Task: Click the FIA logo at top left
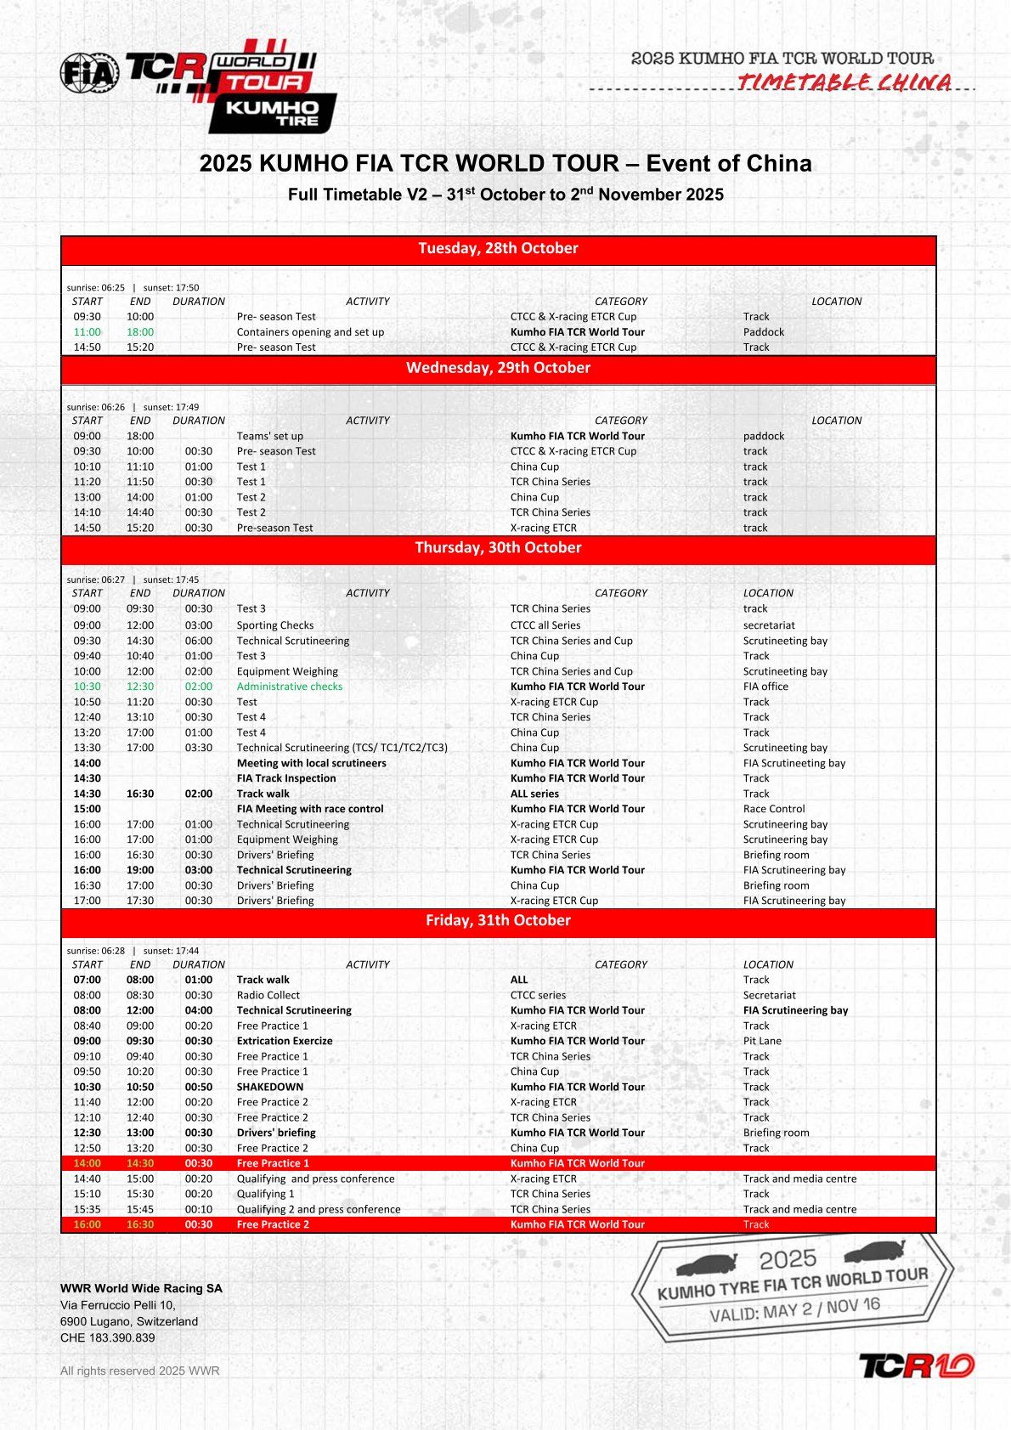click(x=89, y=73)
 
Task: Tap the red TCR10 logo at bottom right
click(x=916, y=1365)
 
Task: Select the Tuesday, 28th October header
click(x=498, y=249)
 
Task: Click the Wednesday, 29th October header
click(x=498, y=368)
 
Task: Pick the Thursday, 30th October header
click(x=498, y=548)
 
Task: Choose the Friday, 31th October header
click(x=498, y=921)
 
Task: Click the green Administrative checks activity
click(x=290, y=687)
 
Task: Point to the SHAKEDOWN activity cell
click(x=269, y=1087)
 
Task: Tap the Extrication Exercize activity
click(x=285, y=1041)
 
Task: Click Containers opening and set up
click(x=310, y=332)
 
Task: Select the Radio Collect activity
click(x=268, y=995)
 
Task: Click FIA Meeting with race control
click(x=310, y=809)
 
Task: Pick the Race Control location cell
click(x=774, y=809)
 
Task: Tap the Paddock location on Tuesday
click(x=764, y=332)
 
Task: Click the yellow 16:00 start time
click(x=87, y=1224)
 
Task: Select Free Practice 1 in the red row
click(x=273, y=1163)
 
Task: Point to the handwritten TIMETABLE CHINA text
click(x=844, y=82)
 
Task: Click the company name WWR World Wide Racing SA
click(x=141, y=1288)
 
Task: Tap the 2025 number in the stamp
click(x=788, y=1258)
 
